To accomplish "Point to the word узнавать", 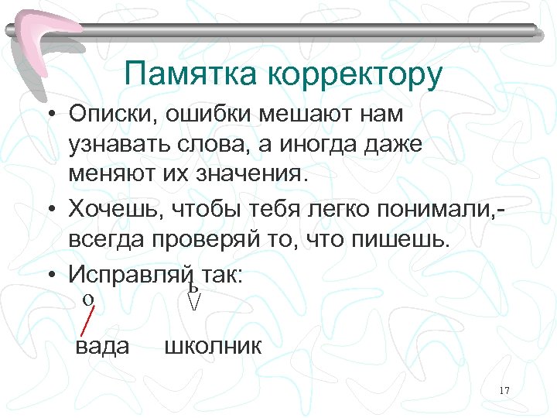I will tap(116, 144).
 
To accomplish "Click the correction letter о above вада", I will tap(88, 299).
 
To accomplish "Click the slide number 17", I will tap(504, 389).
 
